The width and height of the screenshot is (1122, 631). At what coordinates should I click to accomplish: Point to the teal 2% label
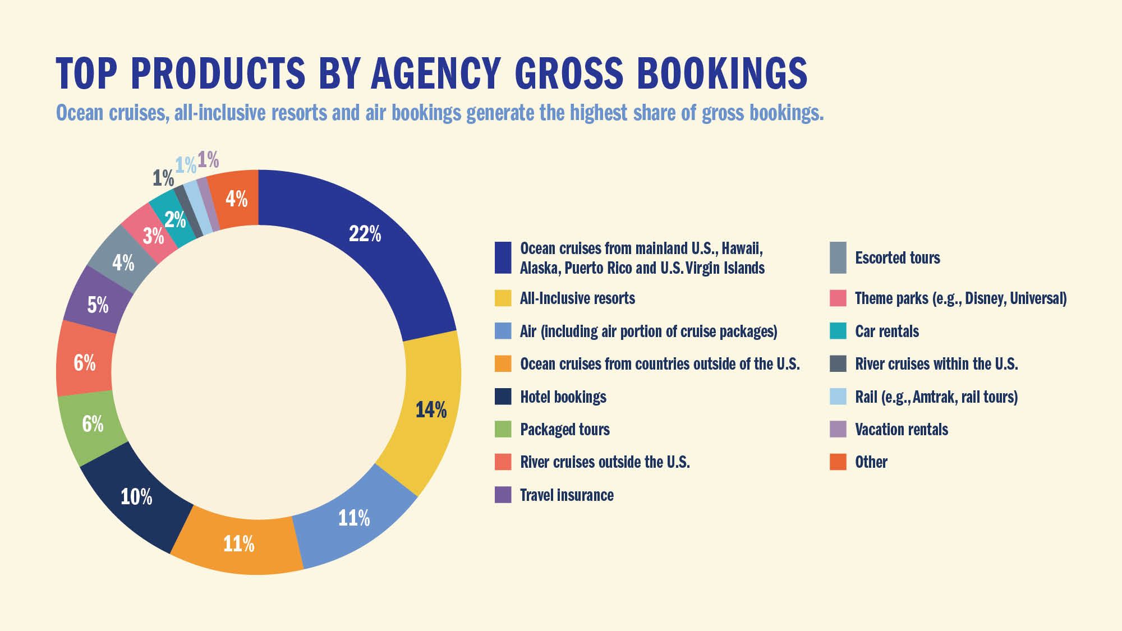click(174, 219)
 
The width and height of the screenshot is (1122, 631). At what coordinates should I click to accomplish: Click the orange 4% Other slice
click(236, 199)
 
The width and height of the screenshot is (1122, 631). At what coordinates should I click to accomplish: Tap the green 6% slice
click(93, 424)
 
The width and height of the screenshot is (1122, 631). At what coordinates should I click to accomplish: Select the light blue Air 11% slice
click(353, 518)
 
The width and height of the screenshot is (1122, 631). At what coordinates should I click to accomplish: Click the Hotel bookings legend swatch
click(503, 397)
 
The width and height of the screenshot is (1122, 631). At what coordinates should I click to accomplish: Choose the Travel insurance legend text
click(567, 495)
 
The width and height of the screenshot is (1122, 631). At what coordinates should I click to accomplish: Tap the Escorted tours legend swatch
click(838, 258)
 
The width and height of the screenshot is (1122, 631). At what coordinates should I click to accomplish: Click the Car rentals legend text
click(886, 331)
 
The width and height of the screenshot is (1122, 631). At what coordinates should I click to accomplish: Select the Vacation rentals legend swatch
click(838, 429)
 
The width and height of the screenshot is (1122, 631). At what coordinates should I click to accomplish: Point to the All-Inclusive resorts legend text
click(577, 298)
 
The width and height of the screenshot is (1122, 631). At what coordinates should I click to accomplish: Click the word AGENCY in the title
click(435, 73)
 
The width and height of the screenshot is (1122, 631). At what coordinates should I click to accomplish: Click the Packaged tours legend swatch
click(503, 429)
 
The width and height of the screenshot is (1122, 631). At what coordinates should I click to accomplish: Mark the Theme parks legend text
click(960, 298)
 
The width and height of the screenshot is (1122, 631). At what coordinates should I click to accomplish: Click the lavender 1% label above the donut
click(208, 160)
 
